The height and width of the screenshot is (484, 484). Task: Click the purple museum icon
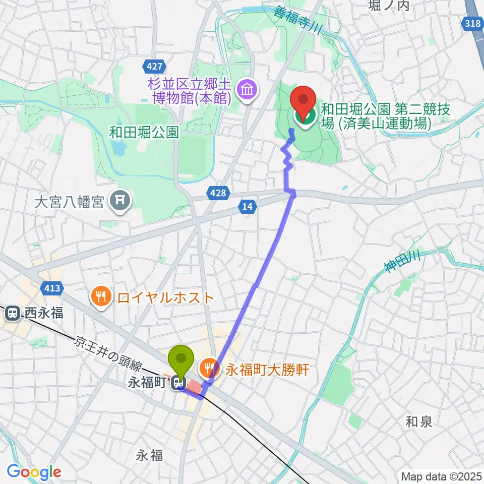248,91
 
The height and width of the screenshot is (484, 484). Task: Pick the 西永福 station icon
11,313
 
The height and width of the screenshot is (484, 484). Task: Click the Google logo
34,472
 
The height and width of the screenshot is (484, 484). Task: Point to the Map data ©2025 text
441,476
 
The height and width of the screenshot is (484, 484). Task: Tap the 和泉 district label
419,421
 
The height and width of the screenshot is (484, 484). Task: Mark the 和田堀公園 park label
144,132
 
